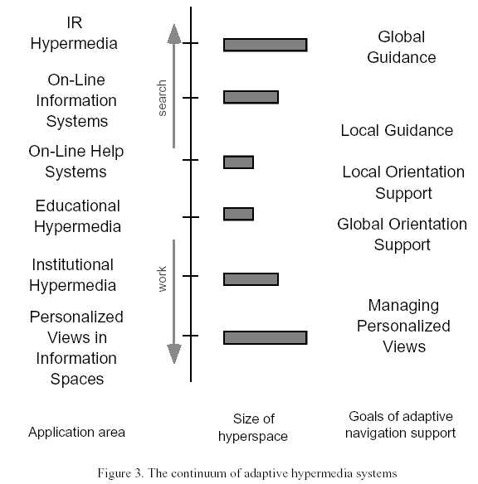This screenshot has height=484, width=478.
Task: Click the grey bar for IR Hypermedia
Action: [265, 45]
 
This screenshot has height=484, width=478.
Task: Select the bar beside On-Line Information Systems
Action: [251, 97]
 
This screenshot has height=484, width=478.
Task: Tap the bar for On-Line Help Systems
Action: [238, 162]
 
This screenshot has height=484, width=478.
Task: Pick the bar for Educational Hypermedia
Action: [238, 214]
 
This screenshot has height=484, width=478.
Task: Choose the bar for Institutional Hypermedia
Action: [251, 279]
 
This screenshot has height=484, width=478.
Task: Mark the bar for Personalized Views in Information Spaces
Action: [265, 337]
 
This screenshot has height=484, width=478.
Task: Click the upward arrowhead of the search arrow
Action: [174, 35]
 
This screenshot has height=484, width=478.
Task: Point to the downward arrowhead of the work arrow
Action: [174, 354]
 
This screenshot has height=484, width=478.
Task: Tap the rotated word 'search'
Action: [162, 98]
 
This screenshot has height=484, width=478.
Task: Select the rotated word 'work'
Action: [162, 279]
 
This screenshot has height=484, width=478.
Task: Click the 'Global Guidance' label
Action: [402, 47]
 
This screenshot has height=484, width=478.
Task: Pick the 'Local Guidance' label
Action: [397, 130]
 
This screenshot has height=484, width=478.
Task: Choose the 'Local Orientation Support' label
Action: [403, 182]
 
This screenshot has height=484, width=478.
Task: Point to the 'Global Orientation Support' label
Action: [402, 235]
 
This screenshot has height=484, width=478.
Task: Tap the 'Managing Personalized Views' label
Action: [403, 326]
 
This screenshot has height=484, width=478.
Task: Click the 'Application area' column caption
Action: [76, 432]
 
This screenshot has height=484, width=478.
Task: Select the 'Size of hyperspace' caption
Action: [253, 428]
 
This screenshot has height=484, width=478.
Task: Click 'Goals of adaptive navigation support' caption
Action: [401, 424]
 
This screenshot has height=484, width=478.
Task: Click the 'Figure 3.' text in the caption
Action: [120, 473]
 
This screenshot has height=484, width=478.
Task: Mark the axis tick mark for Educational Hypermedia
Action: [191, 217]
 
